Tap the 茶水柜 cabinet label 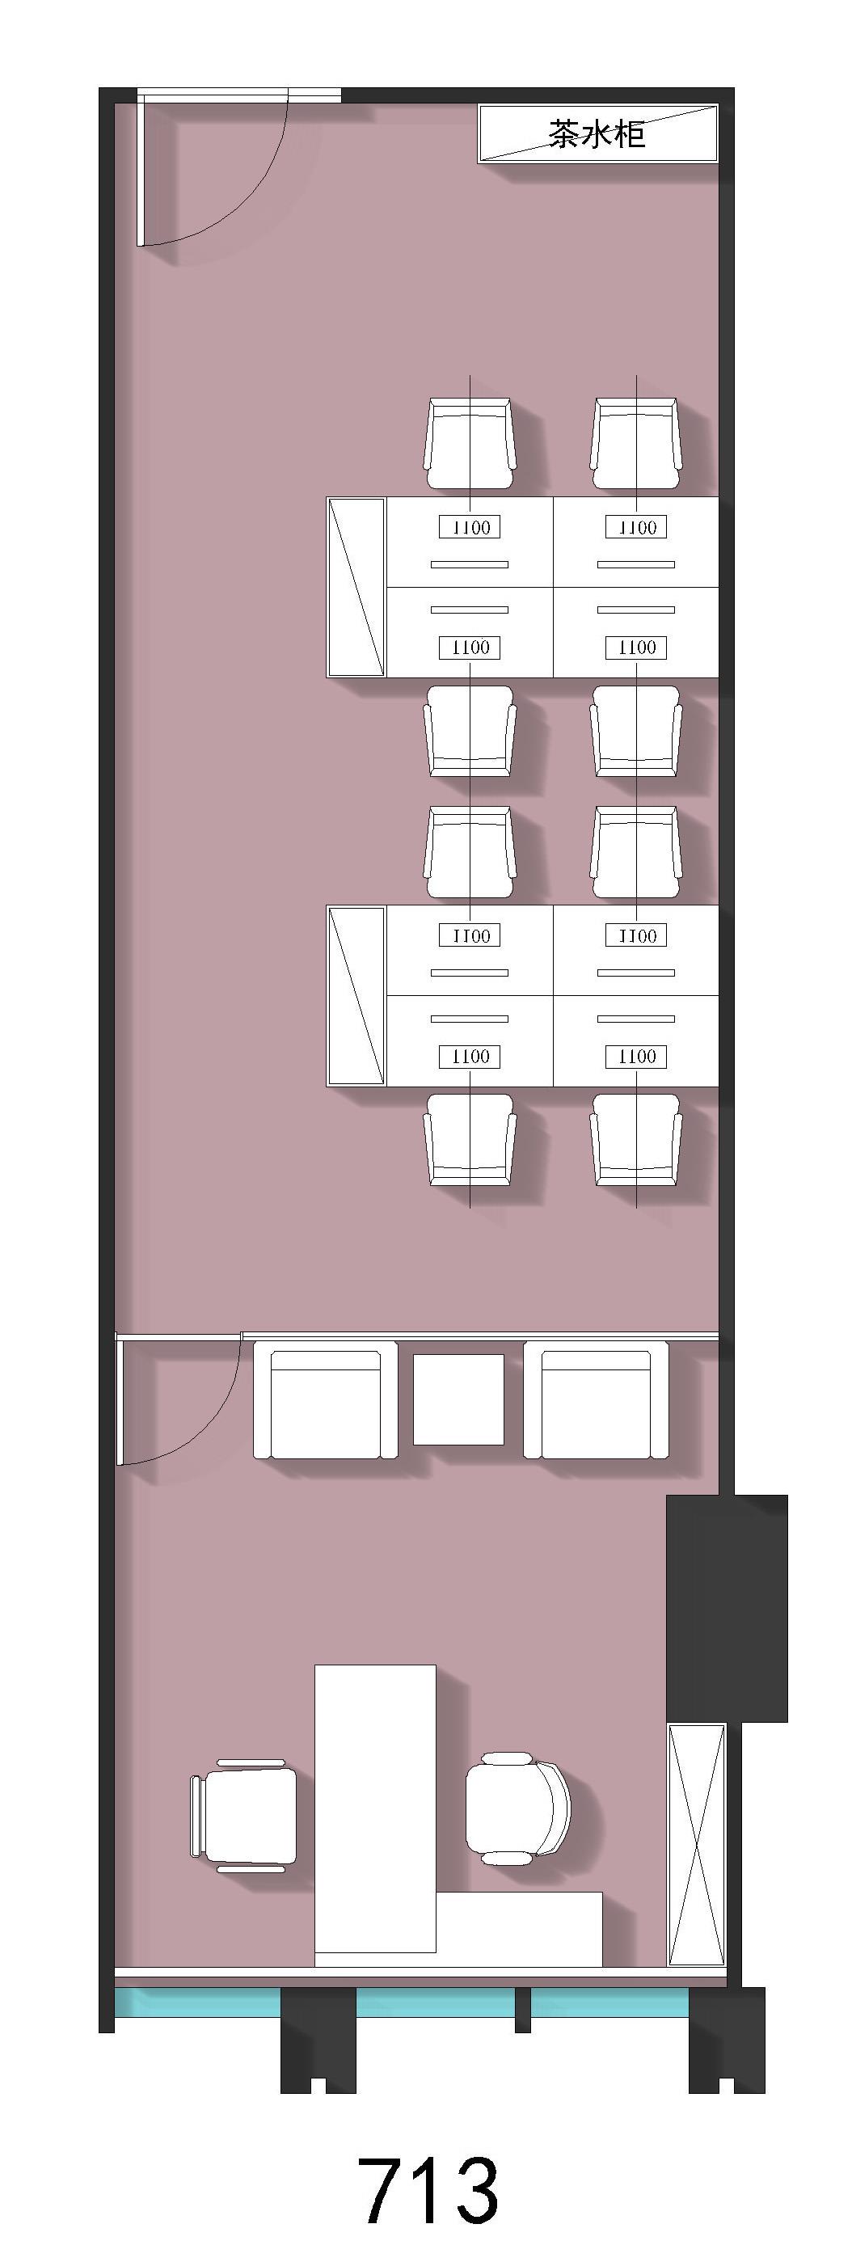click(597, 133)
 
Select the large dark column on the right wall click(728, 1609)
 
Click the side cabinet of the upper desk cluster click(356, 588)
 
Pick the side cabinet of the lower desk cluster click(356, 996)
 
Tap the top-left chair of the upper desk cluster click(470, 444)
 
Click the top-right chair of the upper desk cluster click(636, 444)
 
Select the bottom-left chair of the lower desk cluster click(470, 1140)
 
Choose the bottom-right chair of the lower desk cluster click(636, 1140)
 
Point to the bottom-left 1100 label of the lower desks click(470, 1057)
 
